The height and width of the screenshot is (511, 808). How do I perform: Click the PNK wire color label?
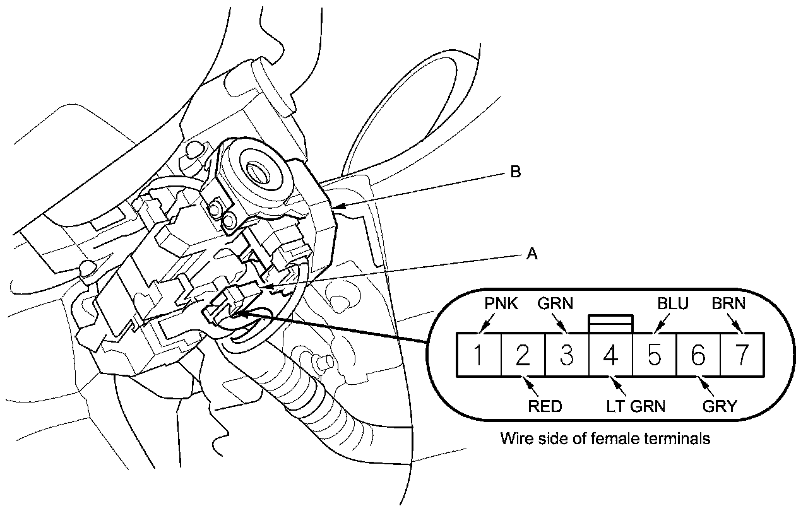coord(501,304)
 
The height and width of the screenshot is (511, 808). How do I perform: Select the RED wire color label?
coord(544,406)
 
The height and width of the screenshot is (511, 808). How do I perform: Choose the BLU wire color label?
coord(672,304)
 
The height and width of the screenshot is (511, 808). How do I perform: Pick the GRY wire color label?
coord(719,406)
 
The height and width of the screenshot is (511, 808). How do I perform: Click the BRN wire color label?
coord(728,304)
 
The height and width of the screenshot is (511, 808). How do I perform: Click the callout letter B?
coord(515,172)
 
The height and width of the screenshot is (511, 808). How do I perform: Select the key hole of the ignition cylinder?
coord(258,169)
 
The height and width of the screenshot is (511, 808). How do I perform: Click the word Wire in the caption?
coord(515,438)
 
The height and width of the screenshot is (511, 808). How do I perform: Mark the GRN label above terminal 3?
coord(555,304)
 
